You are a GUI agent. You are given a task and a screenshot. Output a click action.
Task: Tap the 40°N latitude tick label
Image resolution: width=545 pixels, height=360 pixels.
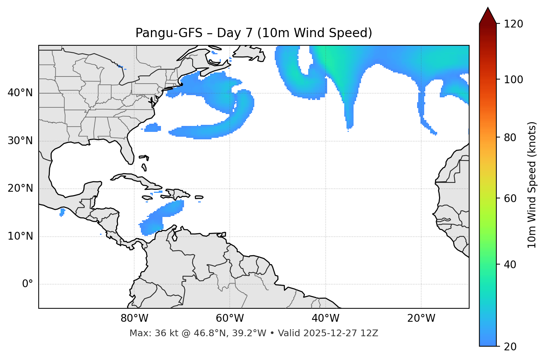click(x=20, y=93)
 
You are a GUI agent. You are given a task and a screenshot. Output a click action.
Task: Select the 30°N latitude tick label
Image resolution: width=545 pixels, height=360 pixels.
click(x=20, y=141)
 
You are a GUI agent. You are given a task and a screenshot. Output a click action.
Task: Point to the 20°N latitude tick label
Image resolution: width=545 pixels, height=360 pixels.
click(x=20, y=188)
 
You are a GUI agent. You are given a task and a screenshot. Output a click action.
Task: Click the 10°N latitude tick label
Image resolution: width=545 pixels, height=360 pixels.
click(x=20, y=236)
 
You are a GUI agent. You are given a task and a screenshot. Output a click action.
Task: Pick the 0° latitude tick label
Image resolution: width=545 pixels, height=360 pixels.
click(x=28, y=284)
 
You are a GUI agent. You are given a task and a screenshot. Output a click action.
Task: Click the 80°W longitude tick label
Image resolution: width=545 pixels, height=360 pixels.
click(x=134, y=318)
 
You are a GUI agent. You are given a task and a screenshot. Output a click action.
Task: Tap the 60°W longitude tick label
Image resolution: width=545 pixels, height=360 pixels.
click(x=230, y=318)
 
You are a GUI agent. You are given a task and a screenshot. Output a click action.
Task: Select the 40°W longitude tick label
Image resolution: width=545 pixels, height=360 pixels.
click(x=325, y=318)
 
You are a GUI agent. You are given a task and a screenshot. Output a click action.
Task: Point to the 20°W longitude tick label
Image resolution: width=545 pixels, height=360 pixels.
click(x=421, y=318)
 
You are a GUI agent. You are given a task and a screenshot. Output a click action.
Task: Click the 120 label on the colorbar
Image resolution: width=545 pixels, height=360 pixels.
click(x=513, y=24)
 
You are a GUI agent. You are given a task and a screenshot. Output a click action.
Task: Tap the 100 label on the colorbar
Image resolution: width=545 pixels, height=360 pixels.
click(x=513, y=80)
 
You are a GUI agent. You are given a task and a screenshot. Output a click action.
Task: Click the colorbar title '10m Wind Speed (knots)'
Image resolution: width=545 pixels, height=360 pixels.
click(x=532, y=185)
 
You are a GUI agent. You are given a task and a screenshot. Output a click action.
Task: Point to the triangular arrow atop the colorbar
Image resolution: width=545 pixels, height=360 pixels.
click(x=488, y=16)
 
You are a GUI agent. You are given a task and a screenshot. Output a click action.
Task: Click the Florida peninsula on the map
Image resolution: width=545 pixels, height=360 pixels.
click(x=128, y=150)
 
